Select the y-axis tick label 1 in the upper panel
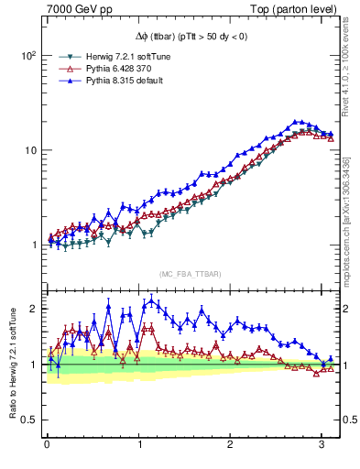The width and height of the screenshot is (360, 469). click(x=32, y=245)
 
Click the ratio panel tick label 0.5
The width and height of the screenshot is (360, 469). click(x=27, y=420)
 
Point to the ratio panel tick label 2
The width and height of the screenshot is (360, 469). click(x=32, y=309)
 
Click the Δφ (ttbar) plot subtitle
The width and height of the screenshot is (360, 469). click(x=191, y=36)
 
